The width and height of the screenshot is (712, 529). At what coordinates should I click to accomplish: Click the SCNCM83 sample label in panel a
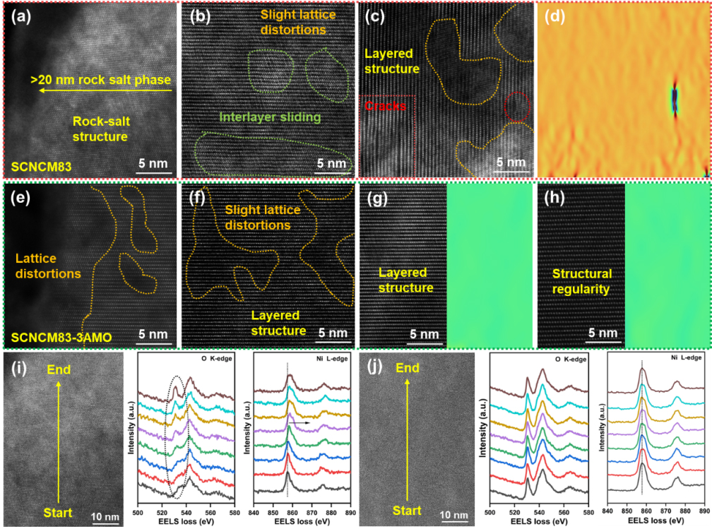pos(38,167)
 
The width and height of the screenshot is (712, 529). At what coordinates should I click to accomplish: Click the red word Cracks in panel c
pos(386,106)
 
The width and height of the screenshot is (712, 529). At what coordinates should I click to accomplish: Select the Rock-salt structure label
pos(100,128)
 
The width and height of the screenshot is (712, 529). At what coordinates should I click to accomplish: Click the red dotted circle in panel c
pos(517,107)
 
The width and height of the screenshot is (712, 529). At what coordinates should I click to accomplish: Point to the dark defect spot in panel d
pos(674,98)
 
